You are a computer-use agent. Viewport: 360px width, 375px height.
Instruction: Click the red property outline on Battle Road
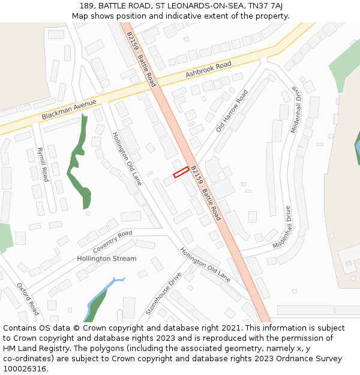click(x=181, y=172)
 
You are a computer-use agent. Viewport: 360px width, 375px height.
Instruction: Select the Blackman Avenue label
click(x=69, y=109)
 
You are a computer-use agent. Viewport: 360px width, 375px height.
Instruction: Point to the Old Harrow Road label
click(x=232, y=111)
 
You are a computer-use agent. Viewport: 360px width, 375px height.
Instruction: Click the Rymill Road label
click(x=43, y=164)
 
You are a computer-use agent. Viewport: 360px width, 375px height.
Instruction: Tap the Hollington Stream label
click(x=106, y=259)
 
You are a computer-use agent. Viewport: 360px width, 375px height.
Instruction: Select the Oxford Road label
click(x=28, y=299)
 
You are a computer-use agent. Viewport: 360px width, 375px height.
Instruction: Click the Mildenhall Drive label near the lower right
click(x=282, y=227)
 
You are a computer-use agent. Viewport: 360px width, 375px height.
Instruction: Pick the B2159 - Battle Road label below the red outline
click(x=206, y=193)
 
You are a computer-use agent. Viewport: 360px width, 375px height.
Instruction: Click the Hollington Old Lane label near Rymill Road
click(x=127, y=158)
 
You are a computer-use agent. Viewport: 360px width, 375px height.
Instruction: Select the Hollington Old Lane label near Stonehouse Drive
click(x=205, y=265)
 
